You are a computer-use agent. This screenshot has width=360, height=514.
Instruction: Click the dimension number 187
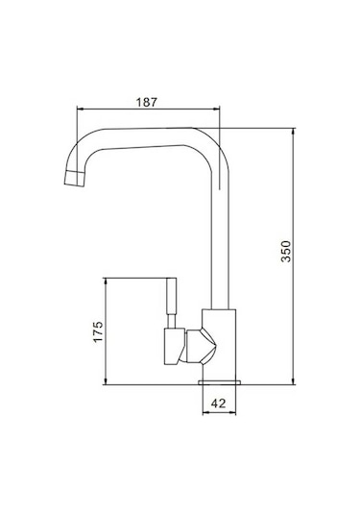pos(148,100)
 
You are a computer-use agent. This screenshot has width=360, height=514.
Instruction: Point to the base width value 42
pos(220,404)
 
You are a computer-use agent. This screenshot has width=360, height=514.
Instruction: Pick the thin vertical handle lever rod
pos(174,301)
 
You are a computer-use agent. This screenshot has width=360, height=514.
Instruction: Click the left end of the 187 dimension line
pos(76,109)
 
